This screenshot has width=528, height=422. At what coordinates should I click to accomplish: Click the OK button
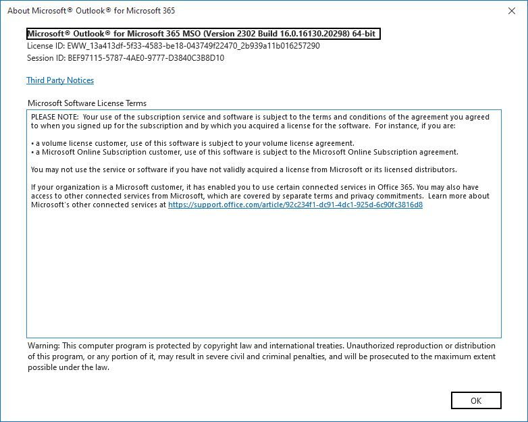click(x=476, y=400)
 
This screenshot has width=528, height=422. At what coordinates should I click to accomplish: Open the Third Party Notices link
click(x=60, y=80)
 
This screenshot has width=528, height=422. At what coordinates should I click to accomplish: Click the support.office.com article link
click(x=295, y=205)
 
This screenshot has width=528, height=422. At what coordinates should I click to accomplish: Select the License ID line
click(x=173, y=46)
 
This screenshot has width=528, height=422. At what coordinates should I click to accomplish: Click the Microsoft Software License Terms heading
click(x=87, y=103)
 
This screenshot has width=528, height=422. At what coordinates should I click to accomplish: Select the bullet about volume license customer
click(x=192, y=143)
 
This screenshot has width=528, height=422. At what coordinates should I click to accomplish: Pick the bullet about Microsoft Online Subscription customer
click(x=244, y=152)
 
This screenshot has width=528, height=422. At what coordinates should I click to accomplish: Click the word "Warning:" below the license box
click(x=43, y=346)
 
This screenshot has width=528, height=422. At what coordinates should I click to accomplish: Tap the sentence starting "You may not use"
click(x=244, y=169)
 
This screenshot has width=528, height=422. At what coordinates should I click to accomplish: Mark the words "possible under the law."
click(x=68, y=367)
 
